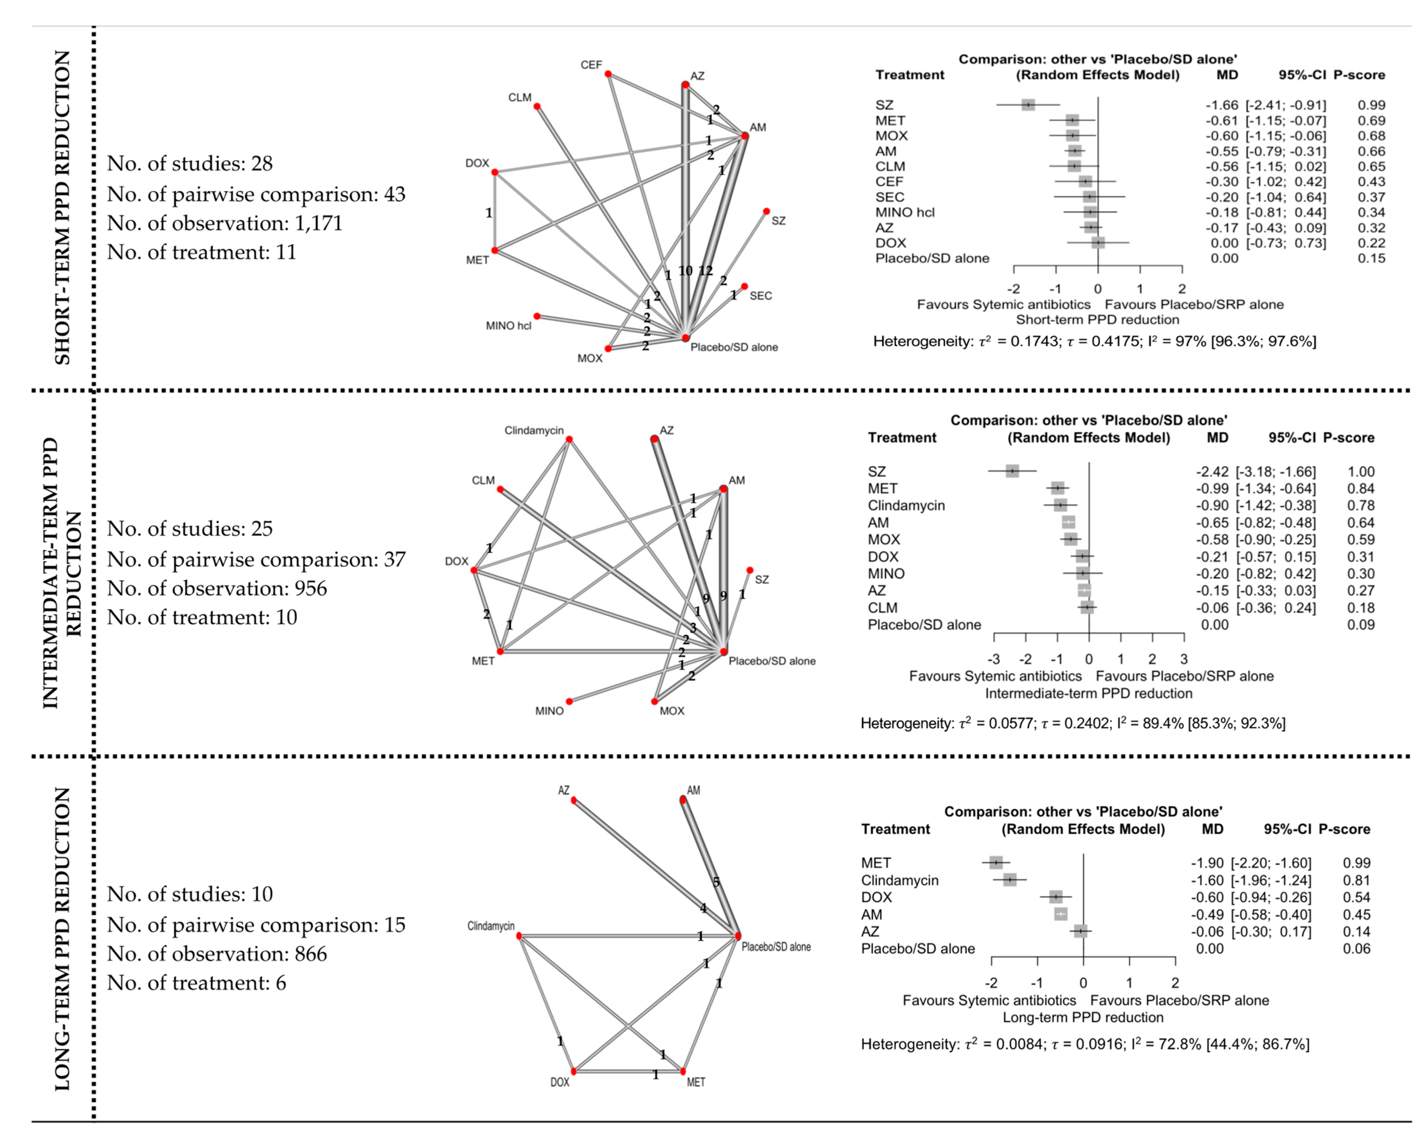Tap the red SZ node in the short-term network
[x=766, y=212]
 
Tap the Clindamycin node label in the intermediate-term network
[x=534, y=430]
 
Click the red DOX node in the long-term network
[x=574, y=1071]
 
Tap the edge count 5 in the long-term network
[x=716, y=882]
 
